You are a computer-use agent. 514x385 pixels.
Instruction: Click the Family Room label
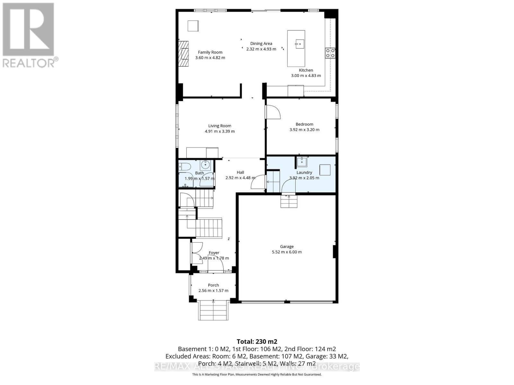point(210,52)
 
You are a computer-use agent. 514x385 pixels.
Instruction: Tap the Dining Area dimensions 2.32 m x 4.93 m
point(261,49)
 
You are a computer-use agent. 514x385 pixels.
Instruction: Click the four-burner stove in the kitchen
point(330,53)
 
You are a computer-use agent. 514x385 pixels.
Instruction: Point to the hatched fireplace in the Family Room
point(183,54)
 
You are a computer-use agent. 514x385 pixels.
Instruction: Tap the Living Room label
point(220,126)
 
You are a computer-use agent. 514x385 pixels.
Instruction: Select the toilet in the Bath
point(185,167)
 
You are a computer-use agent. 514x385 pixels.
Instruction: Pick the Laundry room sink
point(302,162)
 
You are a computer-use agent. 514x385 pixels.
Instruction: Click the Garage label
point(287,246)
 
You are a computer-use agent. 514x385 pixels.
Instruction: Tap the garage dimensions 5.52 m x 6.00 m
point(287,252)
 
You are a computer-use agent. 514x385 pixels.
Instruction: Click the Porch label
point(213,285)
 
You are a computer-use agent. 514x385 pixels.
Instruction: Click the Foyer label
point(214,253)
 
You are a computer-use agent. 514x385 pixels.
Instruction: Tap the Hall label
point(240,172)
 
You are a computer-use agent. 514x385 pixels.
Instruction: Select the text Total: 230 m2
point(257,341)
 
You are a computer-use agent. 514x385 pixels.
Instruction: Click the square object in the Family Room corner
point(193,26)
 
